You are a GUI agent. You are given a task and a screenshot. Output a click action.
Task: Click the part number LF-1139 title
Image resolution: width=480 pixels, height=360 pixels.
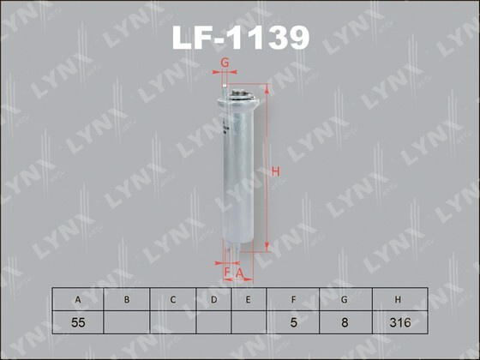click(241, 38)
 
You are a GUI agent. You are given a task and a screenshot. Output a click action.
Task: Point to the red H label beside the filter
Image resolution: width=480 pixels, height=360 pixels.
click(276, 171)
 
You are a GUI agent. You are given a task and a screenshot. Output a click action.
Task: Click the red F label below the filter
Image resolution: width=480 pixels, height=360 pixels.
click(228, 273)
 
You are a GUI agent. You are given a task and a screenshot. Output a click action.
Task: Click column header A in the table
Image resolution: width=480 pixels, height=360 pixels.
click(78, 299)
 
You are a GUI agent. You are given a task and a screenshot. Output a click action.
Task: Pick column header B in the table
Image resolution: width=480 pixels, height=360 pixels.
click(126, 299)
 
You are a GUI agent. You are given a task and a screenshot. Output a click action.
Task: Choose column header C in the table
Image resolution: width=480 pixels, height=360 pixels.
click(172, 299)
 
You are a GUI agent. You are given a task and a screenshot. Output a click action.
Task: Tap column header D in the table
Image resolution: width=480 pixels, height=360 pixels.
click(214, 299)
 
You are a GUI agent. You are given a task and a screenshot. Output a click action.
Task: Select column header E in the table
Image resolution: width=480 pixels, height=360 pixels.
click(248, 299)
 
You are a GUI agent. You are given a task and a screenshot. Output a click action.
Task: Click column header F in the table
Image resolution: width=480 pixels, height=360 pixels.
click(294, 299)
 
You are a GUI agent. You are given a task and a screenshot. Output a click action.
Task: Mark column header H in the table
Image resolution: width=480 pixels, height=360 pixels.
click(399, 299)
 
